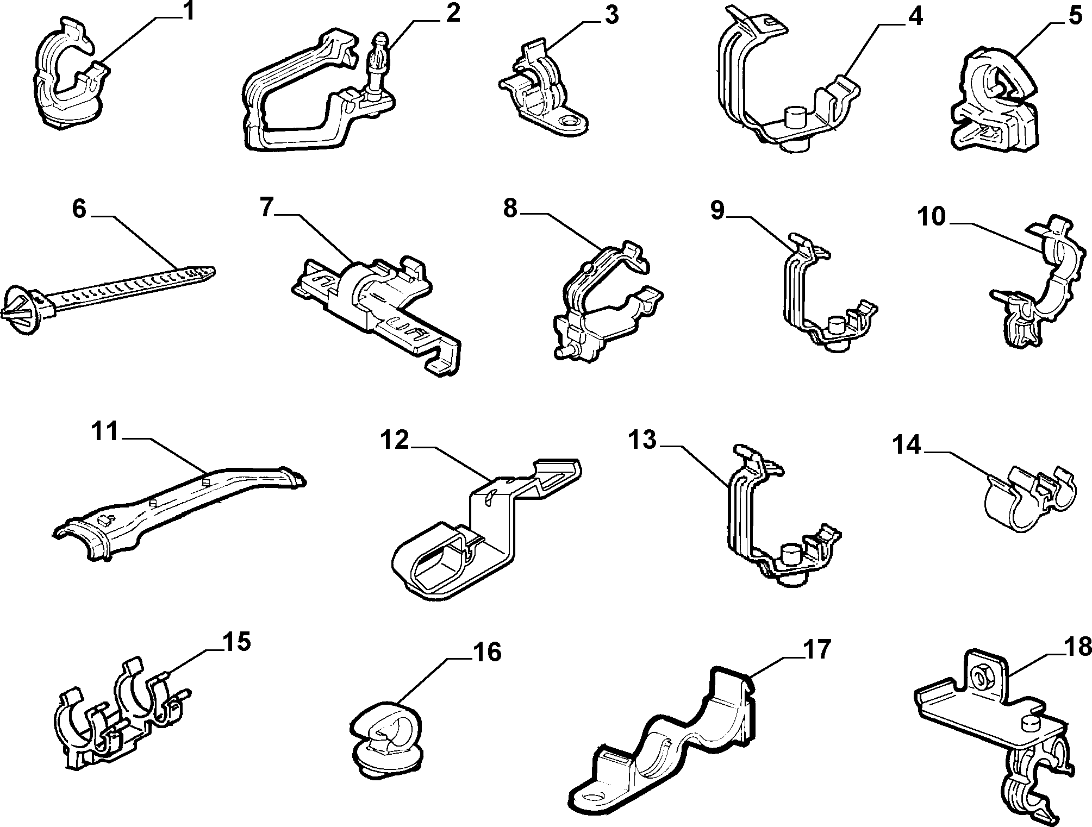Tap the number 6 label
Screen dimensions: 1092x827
[x=79, y=209]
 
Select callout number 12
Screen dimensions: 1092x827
[x=394, y=440]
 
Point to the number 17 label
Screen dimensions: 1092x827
[x=816, y=649]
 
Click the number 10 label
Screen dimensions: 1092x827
[x=932, y=217]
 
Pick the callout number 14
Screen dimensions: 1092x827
[x=907, y=445]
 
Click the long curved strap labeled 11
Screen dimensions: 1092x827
[x=179, y=509]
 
